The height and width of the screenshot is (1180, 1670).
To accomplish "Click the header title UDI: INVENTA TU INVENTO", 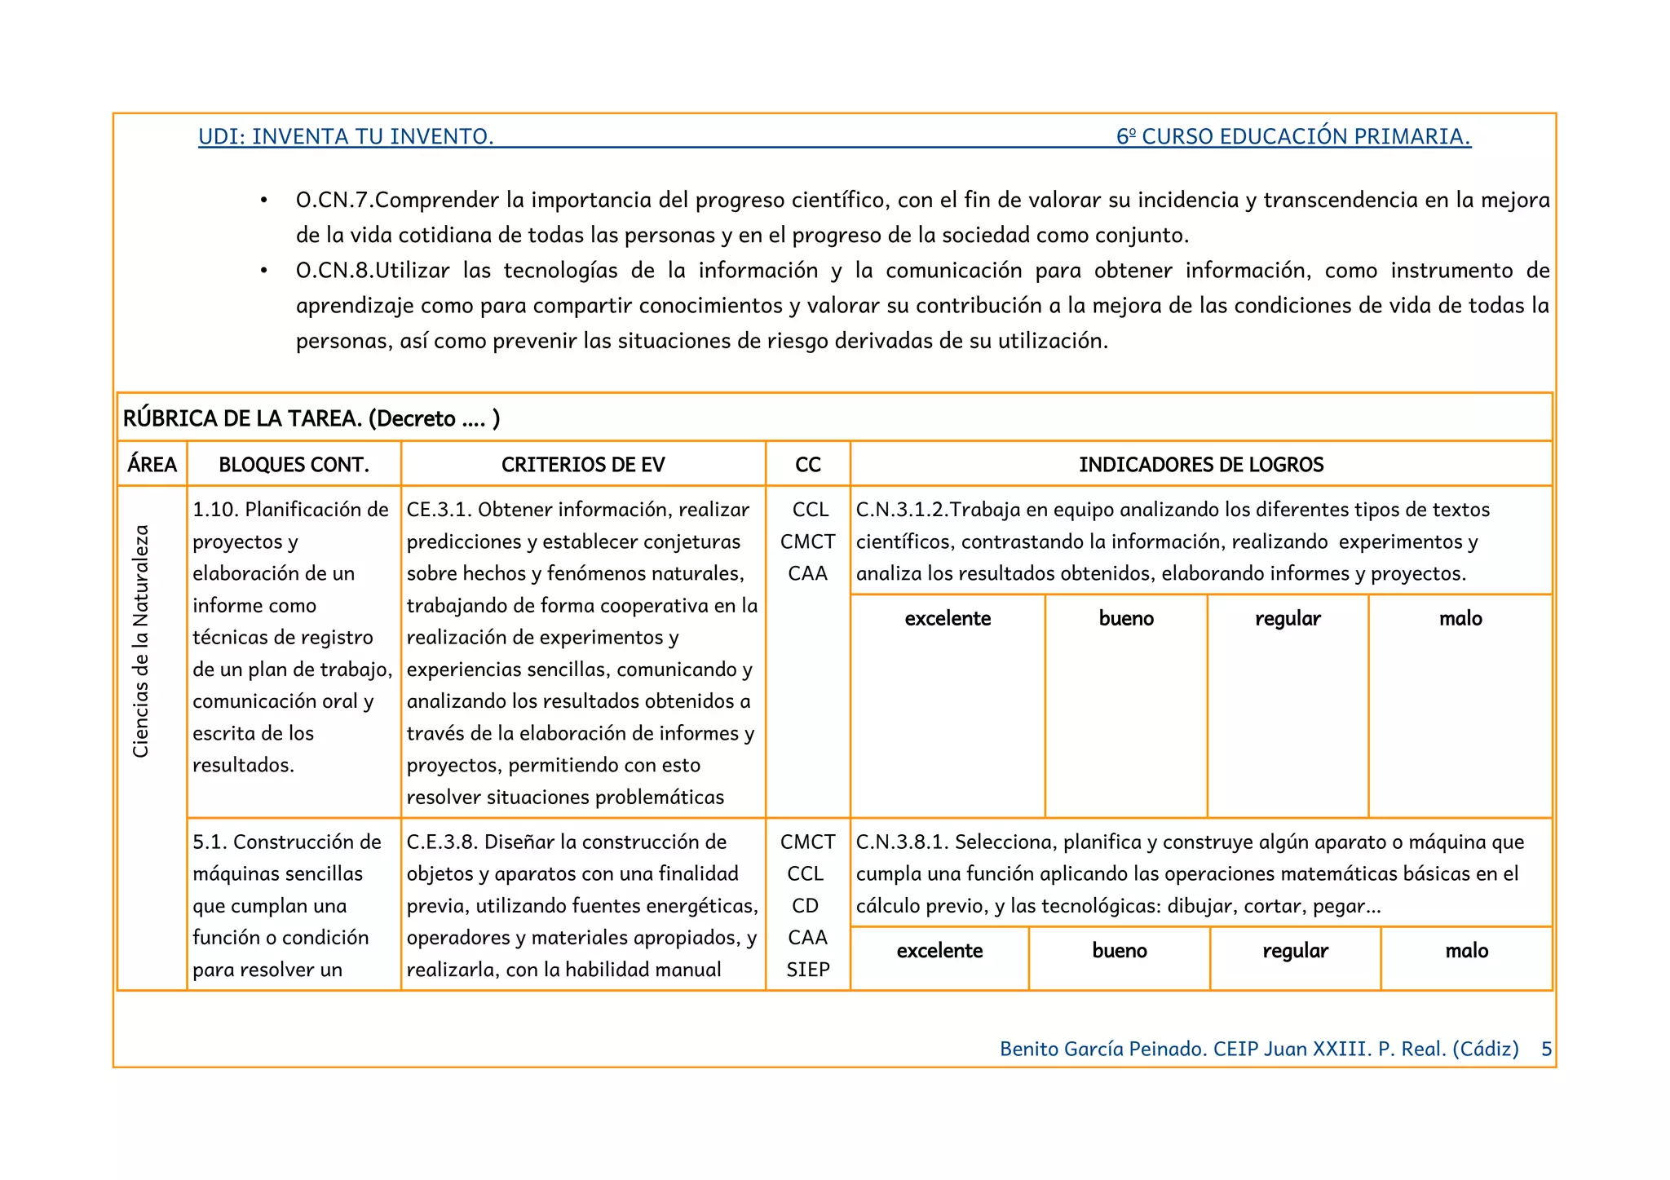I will (x=346, y=136).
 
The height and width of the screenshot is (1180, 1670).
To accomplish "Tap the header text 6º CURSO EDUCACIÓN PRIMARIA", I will (x=1293, y=136).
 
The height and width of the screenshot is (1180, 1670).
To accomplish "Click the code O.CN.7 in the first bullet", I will (x=334, y=201).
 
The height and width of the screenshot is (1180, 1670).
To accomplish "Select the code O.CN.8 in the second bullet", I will (x=334, y=271).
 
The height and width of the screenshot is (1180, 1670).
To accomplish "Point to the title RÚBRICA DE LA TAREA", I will (x=242, y=418).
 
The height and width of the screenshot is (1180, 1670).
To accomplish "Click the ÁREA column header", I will (x=152, y=465).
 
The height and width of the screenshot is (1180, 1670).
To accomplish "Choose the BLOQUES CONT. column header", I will (x=294, y=465).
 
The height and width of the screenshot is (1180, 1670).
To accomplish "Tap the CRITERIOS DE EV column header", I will (x=583, y=465).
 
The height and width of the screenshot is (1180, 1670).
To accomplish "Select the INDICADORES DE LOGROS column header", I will (x=1201, y=465).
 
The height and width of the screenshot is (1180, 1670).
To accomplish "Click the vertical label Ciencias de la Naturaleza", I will (x=141, y=641).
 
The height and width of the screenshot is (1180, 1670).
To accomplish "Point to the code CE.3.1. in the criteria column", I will (x=439, y=510).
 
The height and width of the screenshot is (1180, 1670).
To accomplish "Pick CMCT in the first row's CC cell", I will (x=807, y=542).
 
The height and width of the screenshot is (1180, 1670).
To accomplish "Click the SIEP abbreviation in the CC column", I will (x=807, y=970).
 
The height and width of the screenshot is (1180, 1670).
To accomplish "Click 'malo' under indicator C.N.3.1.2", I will (x=1460, y=619).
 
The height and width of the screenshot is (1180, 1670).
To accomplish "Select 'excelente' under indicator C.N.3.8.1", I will (x=939, y=951).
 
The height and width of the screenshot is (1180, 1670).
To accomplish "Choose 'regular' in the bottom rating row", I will (x=1295, y=951).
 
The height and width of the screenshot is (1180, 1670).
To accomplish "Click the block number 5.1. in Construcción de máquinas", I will (x=210, y=842).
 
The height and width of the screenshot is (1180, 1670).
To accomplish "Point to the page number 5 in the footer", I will (x=1546, y=1050).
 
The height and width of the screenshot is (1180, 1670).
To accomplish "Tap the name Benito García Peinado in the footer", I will (x=1102, y=1050).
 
